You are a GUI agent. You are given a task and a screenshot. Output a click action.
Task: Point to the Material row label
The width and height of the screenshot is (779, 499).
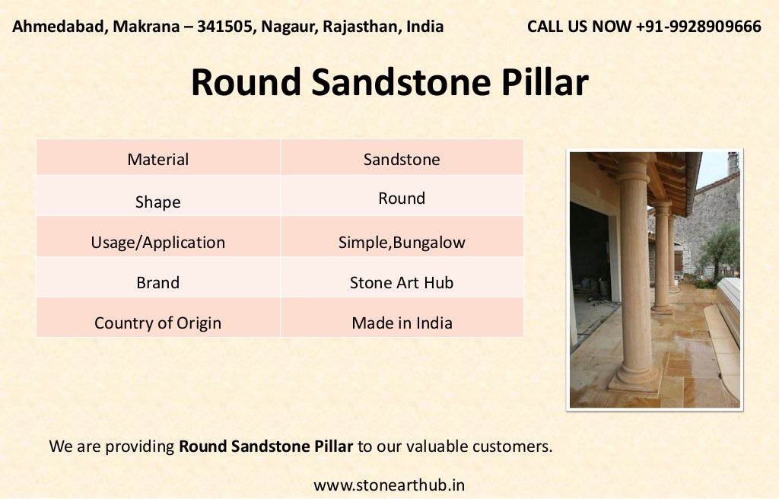pos(158,160)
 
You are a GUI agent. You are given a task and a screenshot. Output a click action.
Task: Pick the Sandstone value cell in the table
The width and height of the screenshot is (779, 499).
pos(402,160)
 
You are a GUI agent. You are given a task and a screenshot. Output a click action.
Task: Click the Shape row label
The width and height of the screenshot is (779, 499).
pos(158,202)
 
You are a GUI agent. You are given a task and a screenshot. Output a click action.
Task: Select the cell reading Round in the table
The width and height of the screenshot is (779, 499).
pos(402,199)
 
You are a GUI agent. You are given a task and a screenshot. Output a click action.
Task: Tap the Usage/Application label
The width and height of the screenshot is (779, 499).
pos(158,243)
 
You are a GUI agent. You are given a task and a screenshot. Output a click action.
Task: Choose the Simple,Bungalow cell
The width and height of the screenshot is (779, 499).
pos(402,243)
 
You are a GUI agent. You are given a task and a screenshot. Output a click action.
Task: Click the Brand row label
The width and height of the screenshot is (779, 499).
pos(158,283)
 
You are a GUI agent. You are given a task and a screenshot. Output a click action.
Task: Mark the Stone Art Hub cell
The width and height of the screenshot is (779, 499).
pos(402,283)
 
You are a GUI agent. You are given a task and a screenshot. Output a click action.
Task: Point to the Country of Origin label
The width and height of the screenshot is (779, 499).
pos(158,323)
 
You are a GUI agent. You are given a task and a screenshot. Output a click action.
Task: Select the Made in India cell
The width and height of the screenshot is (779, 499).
pos(402,323)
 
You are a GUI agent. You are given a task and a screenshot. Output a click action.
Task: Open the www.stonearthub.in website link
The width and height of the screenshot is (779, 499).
pos(389,485)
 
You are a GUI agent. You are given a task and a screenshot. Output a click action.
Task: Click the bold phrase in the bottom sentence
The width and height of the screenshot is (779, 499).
pos(265,447)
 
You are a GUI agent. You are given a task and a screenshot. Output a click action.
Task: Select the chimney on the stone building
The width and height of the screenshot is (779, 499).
pos(732,162)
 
